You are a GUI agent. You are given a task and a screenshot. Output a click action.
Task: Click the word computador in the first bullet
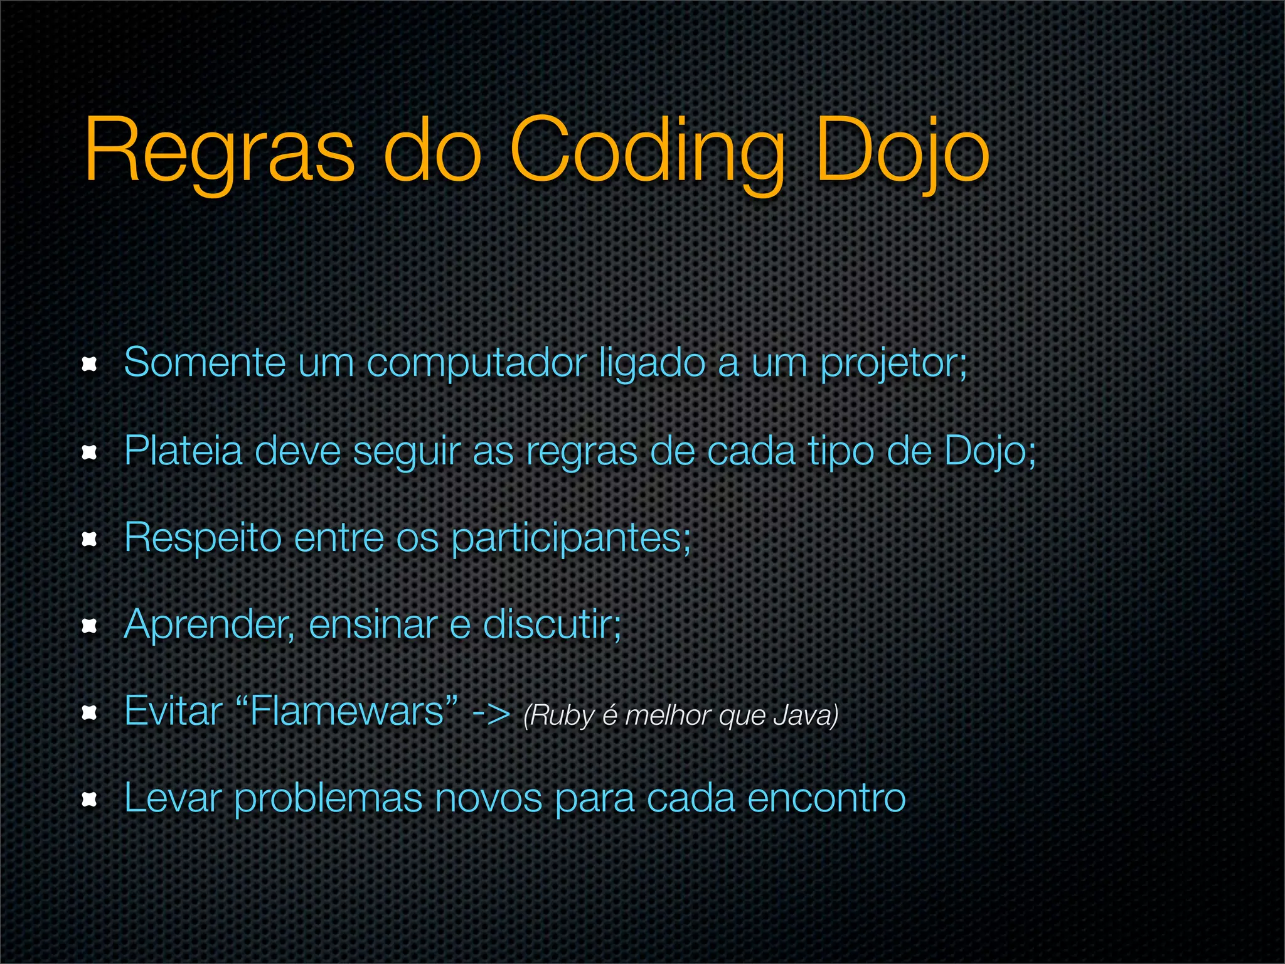476,363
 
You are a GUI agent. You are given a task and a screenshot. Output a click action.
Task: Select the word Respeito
203,538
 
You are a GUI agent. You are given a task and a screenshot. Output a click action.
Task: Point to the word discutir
552,624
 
